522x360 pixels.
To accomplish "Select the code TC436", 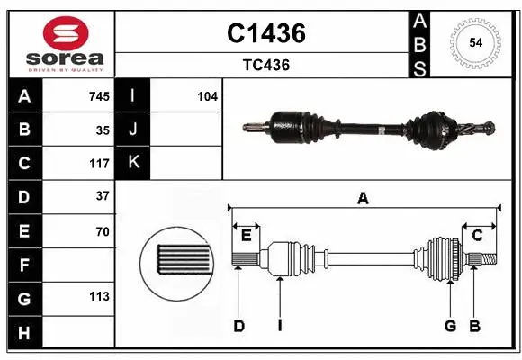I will point(265,65).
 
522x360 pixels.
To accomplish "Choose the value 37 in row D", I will point(103,196).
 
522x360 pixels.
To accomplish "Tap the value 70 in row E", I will point(103,231).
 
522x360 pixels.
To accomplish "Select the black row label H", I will point(23,332).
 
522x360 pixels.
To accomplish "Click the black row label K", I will point(133,163).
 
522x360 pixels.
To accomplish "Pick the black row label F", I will point(23,265).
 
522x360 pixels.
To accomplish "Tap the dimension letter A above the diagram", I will point(364,198).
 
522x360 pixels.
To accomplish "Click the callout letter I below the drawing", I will point(280,326).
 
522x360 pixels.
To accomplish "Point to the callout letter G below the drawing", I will point(449,326).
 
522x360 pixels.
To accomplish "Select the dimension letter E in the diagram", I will point(245,236).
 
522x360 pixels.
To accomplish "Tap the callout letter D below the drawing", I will point(238,326).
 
